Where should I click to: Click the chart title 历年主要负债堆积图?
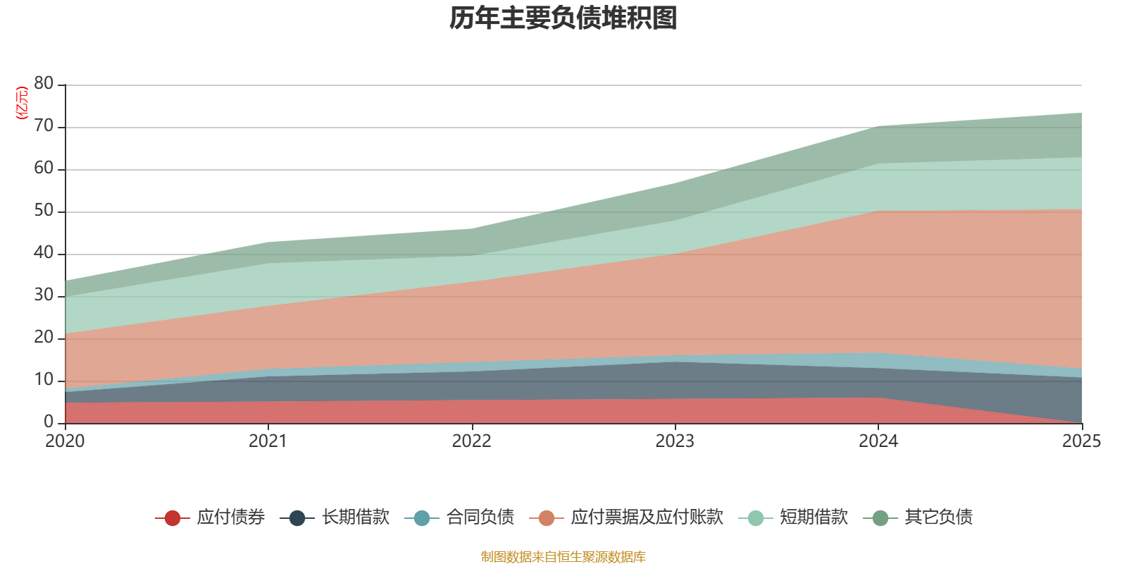pyautogui.click(x=563, y=19)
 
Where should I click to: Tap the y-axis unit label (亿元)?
pyautogui.click(x=22, y=103)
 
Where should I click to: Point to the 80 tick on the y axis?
pyautogui.click(x=44, y=84)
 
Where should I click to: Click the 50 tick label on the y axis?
pyautogui.click(x=44, y=211)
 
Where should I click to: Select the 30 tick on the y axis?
pyautogui.click(x=44, y=295)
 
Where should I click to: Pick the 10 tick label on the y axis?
pyautogui.click(x=44, y=380)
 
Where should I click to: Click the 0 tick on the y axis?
pyautogui.click(x=49, y=422)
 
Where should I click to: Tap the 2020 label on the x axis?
pyautogui.click(x=65, y=441)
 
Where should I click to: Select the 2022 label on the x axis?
pyautogui.click(x=471, y=441)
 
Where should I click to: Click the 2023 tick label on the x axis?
pyautogui.click(x=675, y=441)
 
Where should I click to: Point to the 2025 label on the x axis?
pyautogui.click(x=1081, y=441)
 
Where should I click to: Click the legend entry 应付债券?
pyautogui.click(x=230, y=517)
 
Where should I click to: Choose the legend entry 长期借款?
pyautogui.click(x=355, y=517)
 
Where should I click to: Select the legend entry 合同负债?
pyautogui.click(x=480, y=517)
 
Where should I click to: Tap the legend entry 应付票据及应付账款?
pyautogui.click(x=647, y=517)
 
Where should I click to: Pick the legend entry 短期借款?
pyautogui.click(x=814, y=517)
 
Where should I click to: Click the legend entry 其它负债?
pyautogui.click(x=938, y=517)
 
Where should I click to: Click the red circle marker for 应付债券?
pyautogui.click(x=173, y=518)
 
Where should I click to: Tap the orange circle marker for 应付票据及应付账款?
pyautogui.click(x=547, y=518)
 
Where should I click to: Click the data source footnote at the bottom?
pyautogui.click(x=563, y=557)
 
